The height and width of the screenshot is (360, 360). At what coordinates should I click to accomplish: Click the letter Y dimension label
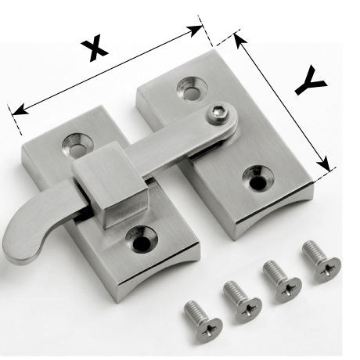click(x=311, y=81)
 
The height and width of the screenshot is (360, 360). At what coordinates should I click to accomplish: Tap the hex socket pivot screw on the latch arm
click(x=218, y=113)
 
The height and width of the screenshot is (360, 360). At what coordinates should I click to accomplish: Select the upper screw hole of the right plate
click(x=192, y=88)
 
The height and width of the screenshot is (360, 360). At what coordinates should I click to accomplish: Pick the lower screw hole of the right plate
click(x=257, y=178)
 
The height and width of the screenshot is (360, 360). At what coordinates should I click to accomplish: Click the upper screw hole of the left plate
click(x=77, y=146)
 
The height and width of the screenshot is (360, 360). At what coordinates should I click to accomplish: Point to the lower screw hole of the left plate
click(x=142, y=240)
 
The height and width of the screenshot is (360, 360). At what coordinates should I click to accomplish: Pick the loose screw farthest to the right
click(x=321, y=261)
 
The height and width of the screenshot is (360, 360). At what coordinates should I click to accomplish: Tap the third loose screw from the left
click(x=282, y=281)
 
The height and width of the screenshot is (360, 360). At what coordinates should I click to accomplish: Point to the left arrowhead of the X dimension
click(x=20, y=110)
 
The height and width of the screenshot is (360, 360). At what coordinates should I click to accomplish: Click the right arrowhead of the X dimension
click(x=194, y=31)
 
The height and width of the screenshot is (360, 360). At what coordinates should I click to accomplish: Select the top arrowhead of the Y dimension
click(x=240, y=41)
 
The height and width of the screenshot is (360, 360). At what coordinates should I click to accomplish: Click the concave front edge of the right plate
click(x=274, y=213)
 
